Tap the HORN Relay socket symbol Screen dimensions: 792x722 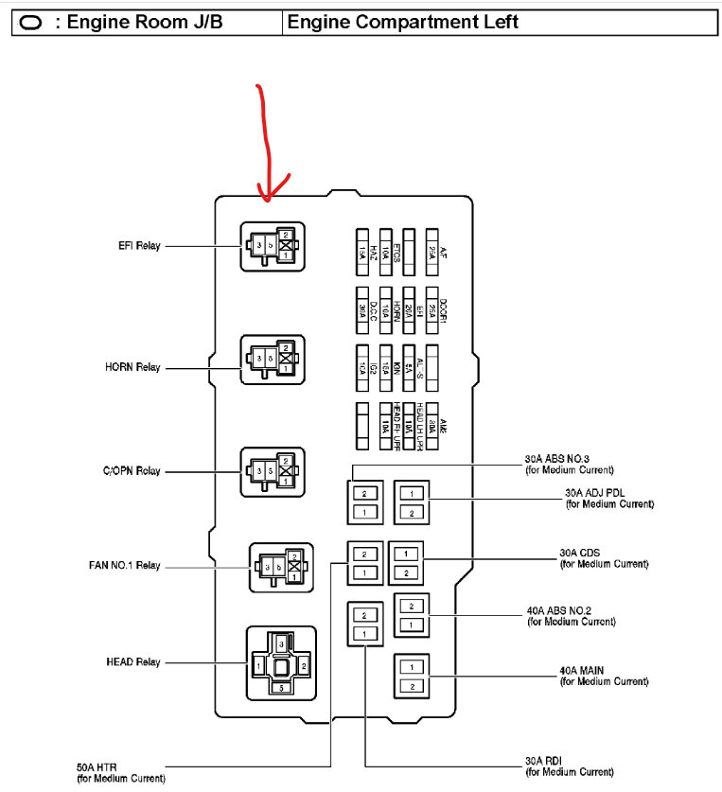click(x=273, y=360)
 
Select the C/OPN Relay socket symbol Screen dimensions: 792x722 click(x=273, y=471)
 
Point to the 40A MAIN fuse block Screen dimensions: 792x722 click(x=413, y=676)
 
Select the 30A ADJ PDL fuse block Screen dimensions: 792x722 click(x=413, y=502)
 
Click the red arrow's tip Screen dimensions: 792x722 click(x=266, y=200)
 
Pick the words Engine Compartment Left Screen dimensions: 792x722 click(x=403, y=22)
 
